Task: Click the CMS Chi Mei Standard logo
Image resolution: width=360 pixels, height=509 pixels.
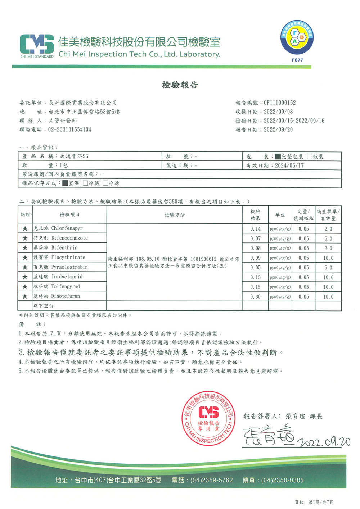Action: coord(37,46)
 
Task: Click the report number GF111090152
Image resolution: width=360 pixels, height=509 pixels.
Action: coord(280,103)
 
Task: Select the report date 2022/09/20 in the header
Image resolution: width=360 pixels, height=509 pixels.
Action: coord(278,130)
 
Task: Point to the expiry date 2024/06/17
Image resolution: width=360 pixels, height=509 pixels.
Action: coord(289,166)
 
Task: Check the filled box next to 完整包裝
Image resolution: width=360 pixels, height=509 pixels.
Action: coord(278,157)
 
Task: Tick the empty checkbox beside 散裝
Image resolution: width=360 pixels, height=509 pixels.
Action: coord(310,157)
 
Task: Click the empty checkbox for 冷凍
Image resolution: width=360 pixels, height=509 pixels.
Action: coord(105,183)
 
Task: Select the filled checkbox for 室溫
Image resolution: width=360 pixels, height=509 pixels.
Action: coord(65,183)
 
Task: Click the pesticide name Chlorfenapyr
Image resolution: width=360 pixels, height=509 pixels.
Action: coord(67,228)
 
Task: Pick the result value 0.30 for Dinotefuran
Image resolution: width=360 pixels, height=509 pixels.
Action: coord(256,297)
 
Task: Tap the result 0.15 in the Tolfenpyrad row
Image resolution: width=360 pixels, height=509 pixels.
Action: coord(256,287)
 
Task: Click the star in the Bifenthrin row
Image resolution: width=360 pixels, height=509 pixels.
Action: coord(25,248)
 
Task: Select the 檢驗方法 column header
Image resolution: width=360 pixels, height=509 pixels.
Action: coord(175,215)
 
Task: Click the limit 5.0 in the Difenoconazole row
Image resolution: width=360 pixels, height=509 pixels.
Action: coord(328,238)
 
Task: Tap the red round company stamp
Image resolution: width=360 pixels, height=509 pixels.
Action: coord(208,418)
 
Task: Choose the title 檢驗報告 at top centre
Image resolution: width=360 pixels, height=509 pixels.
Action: coord(180,85)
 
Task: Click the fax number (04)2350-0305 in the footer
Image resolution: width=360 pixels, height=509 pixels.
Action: coord(282,481)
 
